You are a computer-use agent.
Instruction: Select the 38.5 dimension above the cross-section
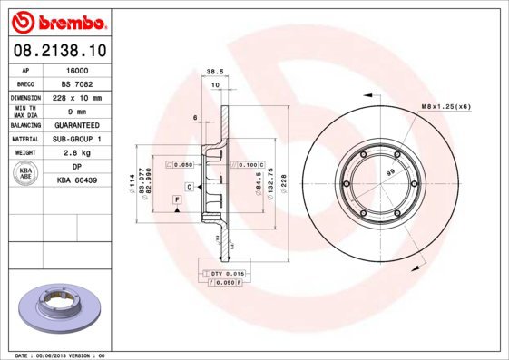pos(214,71)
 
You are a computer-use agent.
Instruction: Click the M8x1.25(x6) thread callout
pos(445,108)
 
